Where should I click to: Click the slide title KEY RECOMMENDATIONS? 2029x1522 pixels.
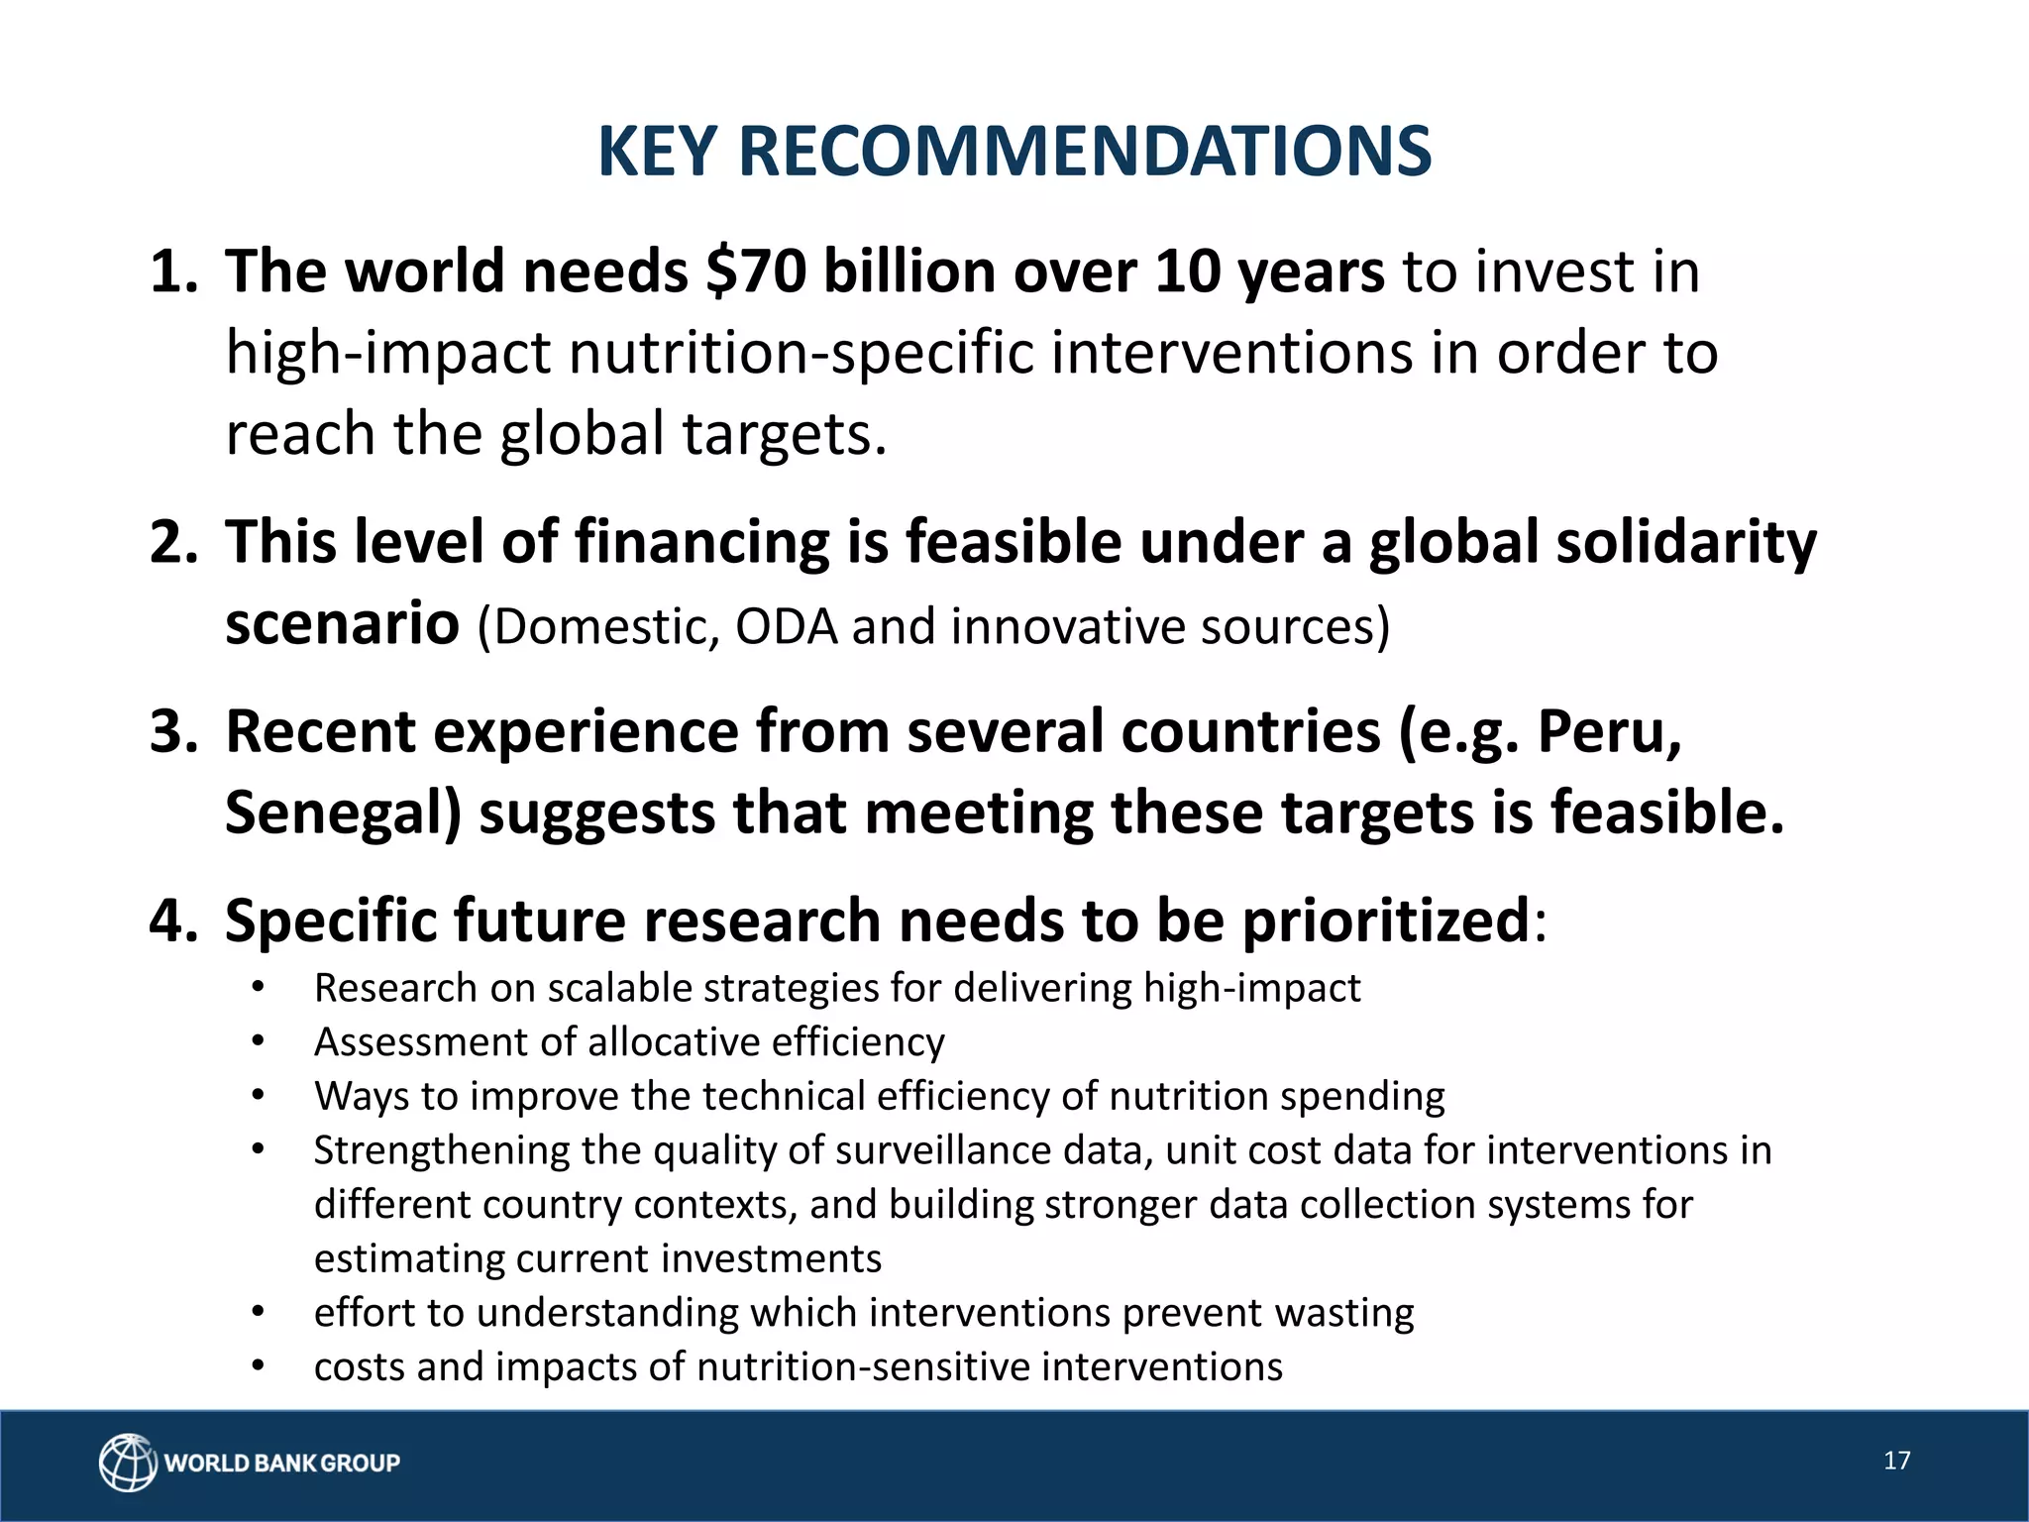click(1014, 152)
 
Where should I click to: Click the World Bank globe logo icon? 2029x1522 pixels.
click(128, 1462)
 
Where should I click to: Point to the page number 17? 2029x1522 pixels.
click(1896, 1461)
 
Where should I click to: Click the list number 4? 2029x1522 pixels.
click(170, 921)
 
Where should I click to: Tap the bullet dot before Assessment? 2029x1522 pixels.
click(258, 1042)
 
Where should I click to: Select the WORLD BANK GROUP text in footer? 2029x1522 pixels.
click(282, 1463)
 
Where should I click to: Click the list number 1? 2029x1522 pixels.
click(170, 272)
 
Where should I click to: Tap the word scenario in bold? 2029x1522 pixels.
click(342, 624)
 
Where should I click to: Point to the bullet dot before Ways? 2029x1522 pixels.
click(258, 1096)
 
